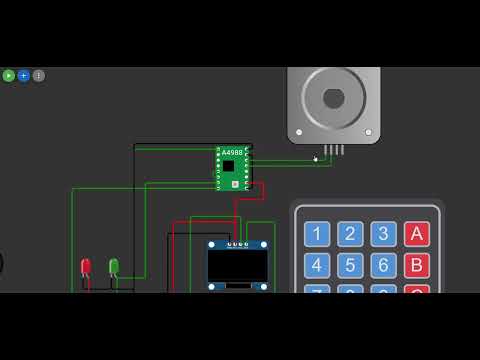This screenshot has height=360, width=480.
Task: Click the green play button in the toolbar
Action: point(8,75)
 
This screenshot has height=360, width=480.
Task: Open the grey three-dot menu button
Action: point(38,75)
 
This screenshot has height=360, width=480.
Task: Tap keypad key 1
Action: point(316,234)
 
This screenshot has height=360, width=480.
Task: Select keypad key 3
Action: point(383,234)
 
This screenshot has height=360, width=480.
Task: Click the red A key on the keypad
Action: point(416,234)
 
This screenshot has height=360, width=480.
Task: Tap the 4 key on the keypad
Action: point(316,265)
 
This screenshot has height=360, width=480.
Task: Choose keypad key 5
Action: point(349,265)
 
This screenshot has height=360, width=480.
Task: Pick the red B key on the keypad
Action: point(416,265)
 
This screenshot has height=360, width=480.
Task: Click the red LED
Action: point(86,267)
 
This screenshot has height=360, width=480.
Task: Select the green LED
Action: point(114,266)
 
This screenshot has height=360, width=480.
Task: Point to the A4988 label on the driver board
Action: point(231,153)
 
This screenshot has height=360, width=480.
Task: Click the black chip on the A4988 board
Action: point(229,165)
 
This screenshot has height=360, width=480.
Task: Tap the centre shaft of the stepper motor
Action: point(333,98)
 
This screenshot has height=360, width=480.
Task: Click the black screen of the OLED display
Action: point(238,266)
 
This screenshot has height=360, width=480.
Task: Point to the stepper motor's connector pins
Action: point(334,150)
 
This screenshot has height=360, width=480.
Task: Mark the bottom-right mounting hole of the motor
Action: point(369,132)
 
